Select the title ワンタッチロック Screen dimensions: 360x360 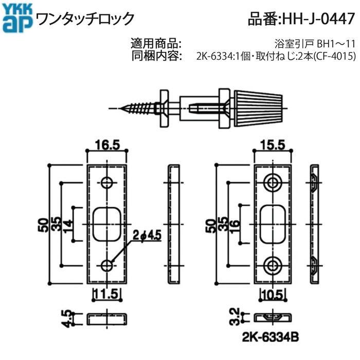click(84, 19)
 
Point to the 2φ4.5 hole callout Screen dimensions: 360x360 click(147, 235)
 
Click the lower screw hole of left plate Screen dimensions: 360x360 click(107, 265)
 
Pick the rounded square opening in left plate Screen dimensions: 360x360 click(107, 223)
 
